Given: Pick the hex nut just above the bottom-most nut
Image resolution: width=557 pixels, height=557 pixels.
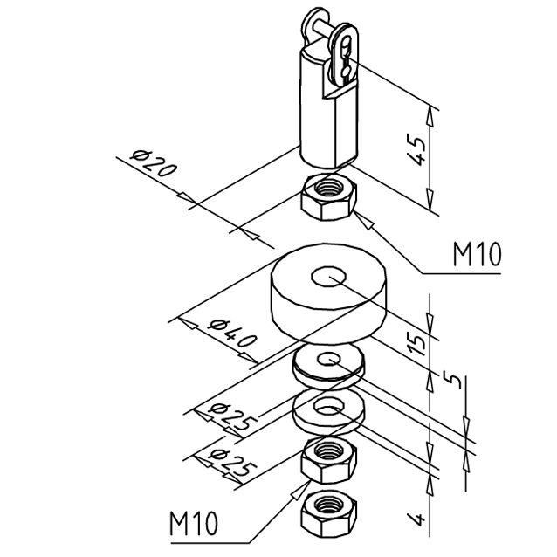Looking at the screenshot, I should (327, 460).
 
